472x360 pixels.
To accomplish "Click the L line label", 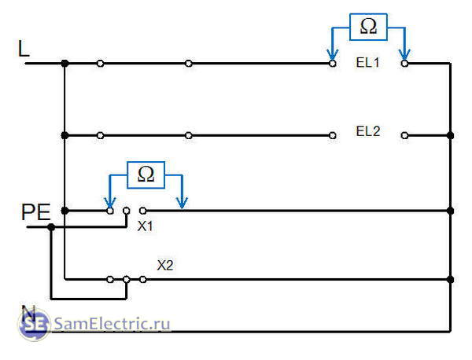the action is (24, 49).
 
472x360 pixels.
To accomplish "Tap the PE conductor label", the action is (36, 212).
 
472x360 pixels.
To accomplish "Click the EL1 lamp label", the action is (368, 63).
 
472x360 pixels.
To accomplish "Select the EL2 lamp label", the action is (368, 131).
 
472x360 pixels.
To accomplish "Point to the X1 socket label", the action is (145, 226).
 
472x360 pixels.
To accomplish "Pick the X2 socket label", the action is (165, 265).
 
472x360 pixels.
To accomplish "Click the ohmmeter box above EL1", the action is (368, 27).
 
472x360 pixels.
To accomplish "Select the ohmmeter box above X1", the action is (146, 175).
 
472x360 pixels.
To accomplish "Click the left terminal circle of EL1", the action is (332, 64).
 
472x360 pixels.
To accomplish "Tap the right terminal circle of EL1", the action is (404, 64).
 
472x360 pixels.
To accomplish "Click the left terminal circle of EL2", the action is (332, 135).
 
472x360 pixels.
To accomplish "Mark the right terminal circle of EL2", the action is (404, 135).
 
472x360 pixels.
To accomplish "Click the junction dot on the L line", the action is (65, 64).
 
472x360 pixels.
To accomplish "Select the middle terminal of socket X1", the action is (127, 211).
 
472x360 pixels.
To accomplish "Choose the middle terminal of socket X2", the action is (127, 280).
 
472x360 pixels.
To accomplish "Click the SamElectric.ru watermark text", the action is (112, 324).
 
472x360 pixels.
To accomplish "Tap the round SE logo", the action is (34, 324).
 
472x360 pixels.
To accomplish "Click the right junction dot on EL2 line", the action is (450, 135).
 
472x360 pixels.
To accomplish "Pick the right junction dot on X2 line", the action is (450, 280).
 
